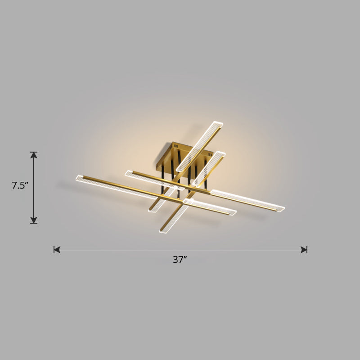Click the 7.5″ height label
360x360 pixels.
[20, 185]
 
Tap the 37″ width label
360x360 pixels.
[180, 260]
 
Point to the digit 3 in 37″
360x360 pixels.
[175, 260]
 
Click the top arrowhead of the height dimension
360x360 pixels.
[34, 155]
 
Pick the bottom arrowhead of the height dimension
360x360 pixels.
[34, 220]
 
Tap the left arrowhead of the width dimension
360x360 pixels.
[57, 249]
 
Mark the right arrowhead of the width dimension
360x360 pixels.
[304, 249]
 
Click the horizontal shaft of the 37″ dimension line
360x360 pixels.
[180, 249]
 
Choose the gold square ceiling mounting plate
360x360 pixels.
[180, 153]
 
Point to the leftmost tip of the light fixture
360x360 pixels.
[77, 178]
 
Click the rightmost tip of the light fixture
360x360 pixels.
[283, 208]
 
